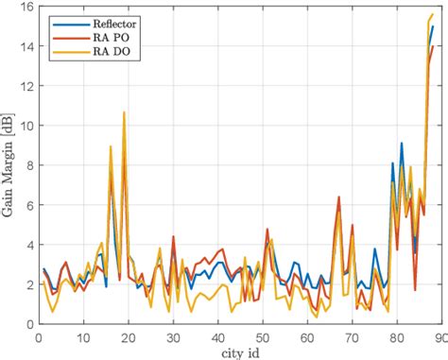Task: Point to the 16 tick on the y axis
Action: tap(23, 7)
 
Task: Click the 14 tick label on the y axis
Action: tap(23, 46)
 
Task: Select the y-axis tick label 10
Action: tap(23, 126)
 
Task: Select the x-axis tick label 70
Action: tap(351, 335)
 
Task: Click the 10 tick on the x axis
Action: tap(82, 335)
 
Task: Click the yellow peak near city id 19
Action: tap(123, 112)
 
